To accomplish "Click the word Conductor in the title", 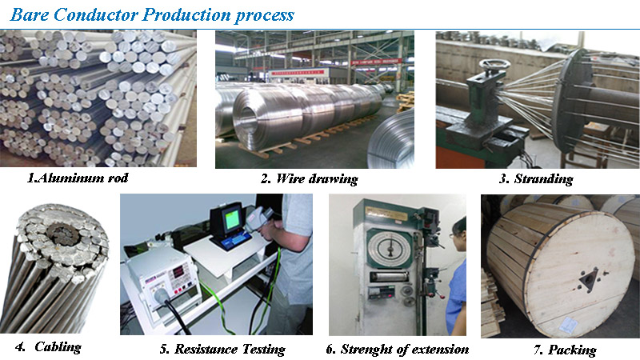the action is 95,14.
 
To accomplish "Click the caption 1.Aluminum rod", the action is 78,178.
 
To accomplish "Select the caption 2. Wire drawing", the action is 310,179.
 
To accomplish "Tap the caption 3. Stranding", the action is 536,179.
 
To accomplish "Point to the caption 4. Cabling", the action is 48,347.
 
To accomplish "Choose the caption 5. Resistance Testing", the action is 222,350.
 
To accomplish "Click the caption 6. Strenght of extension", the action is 397,350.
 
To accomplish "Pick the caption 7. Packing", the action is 565,350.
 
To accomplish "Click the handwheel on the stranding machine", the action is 494,65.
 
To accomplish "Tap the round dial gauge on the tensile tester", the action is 390,249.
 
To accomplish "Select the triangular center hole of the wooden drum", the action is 589,280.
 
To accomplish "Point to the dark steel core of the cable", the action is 62,234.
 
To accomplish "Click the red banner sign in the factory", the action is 376,62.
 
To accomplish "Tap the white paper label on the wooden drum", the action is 569,326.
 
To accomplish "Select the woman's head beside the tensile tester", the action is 458,233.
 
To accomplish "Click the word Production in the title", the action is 187,14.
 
